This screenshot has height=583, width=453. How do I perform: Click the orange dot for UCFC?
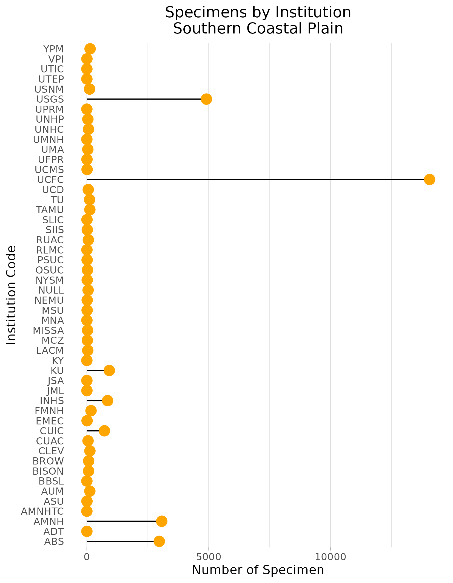(x=429, y=180)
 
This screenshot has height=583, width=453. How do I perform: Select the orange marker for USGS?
(x=206, y=99)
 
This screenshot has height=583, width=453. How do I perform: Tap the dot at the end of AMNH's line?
(x=162, y=521)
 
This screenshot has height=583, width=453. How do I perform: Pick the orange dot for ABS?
(x=159, y=541)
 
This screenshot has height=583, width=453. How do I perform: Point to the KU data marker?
(x=109, y=371)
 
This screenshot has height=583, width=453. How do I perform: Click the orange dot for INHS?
(x=107, y=401)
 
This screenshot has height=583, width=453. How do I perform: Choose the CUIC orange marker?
(x=104, y=431)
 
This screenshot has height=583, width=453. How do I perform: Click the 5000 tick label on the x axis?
(x=209, y=557)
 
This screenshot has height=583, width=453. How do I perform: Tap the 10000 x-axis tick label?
(x=331, y=557)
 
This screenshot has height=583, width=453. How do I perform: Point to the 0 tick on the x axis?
(x=87, y=557)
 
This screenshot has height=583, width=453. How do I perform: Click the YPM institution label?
(x=53, y=49)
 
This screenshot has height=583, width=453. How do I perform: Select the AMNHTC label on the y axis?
(x=42, y=511)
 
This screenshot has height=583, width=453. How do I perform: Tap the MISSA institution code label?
(x=48, y=331)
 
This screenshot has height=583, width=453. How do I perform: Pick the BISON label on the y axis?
(x=48, y=471)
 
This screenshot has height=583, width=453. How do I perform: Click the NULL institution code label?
(x=51, y=290)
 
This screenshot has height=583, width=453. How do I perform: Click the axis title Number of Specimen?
(x=258, y=570)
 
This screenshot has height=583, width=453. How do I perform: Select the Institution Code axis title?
(x=12, y=295)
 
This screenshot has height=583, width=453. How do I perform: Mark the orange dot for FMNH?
(x=91, y=411)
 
